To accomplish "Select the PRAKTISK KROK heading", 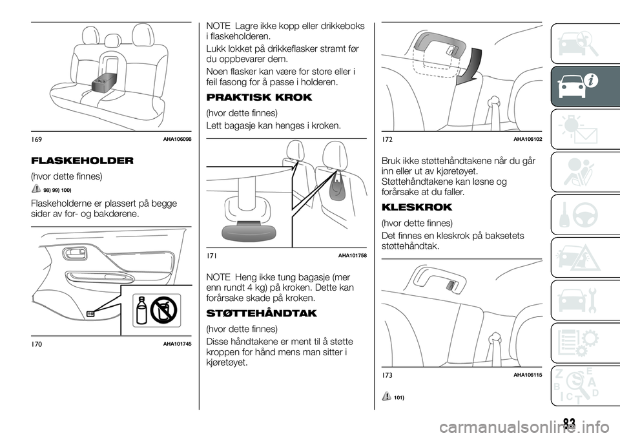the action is click(x=260, y=98).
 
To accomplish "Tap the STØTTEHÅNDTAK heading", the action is click(x=262, y=313).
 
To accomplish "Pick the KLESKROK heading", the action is click(x=417, y=207).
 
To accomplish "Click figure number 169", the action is click(x=35, y=138).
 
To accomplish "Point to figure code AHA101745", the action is click(x=177, y=344).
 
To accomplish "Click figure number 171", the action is click(x=211, y=256).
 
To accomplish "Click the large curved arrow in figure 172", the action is click(x=470, y=66).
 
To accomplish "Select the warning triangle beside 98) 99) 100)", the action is click(x=35, y=189).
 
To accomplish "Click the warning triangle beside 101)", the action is click(x=386, y=397).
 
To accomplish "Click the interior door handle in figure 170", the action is click(x=74, y=253).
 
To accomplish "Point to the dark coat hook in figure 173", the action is click(x=450, y=284).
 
